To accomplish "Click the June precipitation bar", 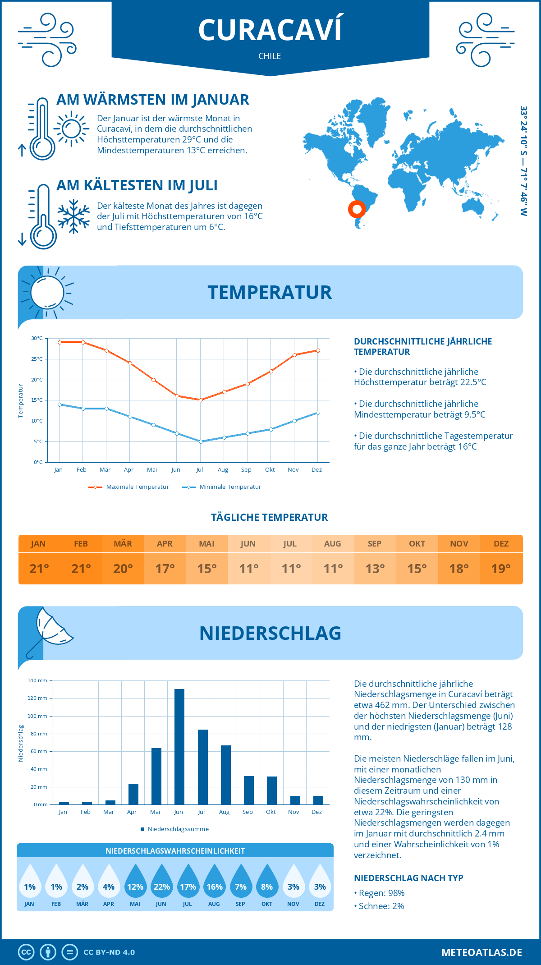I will point(179,747).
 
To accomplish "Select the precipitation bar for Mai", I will point(156,776).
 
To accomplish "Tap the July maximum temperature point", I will point(201,400).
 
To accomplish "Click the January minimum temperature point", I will point(60,404).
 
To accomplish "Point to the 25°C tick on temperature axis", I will point(37,359).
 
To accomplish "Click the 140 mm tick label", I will point(37,680).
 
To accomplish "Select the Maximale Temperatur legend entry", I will point(129,487).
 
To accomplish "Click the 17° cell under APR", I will point(165,569).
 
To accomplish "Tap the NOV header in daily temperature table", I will point(459,544).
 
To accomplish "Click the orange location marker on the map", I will point(357,209).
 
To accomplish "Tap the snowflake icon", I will point(73,216).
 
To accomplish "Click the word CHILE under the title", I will point(270,56).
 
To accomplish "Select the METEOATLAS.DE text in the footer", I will point(481,952).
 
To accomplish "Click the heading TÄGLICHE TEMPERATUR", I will point(270,517).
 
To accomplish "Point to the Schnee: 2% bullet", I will point(379,906).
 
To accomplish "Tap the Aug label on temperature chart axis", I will point(223,470).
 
